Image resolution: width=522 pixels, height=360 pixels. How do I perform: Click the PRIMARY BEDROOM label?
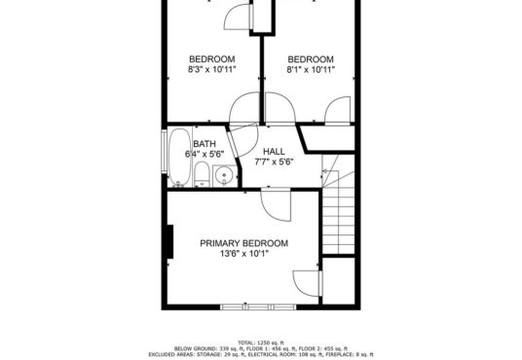coord(244,243)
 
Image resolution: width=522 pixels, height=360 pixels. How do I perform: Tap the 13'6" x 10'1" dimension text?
coord(244,254)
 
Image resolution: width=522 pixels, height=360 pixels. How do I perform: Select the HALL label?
coord(274,152)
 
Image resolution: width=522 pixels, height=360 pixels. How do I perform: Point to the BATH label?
coord(205,144)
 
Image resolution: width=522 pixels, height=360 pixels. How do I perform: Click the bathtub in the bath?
coord(179,157)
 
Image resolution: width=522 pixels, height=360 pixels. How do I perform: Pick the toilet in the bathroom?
coord(202,174)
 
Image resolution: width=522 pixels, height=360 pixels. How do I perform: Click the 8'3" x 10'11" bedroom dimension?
coord(212,69)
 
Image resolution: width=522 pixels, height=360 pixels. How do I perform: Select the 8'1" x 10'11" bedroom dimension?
coord(311,69)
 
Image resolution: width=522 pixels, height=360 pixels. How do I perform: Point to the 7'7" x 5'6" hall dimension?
coord(274,162)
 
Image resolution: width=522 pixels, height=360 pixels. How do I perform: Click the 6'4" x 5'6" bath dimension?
coord(205,155)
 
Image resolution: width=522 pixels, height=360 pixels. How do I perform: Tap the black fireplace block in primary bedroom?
coord(169,241)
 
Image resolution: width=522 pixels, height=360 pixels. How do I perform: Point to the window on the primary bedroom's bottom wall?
coord(258,306)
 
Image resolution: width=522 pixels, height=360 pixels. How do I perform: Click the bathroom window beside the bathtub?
coord(164,151)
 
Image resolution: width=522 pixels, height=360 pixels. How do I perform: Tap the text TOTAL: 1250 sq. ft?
coord(261,342)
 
